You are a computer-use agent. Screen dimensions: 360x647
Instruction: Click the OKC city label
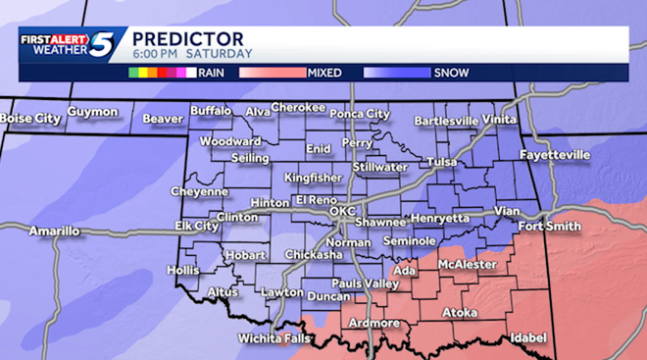click(342, 211)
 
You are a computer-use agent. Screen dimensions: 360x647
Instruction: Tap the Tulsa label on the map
click(442, 162)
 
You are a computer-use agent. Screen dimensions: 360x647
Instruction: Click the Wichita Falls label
click(274, 338)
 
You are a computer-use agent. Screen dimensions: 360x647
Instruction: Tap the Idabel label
click(528, 337)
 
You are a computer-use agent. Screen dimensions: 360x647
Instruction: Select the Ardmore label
click(373, 323)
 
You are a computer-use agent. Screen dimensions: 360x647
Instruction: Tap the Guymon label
click(93, 113)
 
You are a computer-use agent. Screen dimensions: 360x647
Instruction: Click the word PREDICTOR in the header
click(174, 37)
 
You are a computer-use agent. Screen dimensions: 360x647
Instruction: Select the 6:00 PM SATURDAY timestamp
click(192, 53)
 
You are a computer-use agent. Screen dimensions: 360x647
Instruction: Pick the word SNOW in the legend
click(450, 72)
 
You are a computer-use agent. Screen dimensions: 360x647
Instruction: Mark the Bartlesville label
click(447, 121)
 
